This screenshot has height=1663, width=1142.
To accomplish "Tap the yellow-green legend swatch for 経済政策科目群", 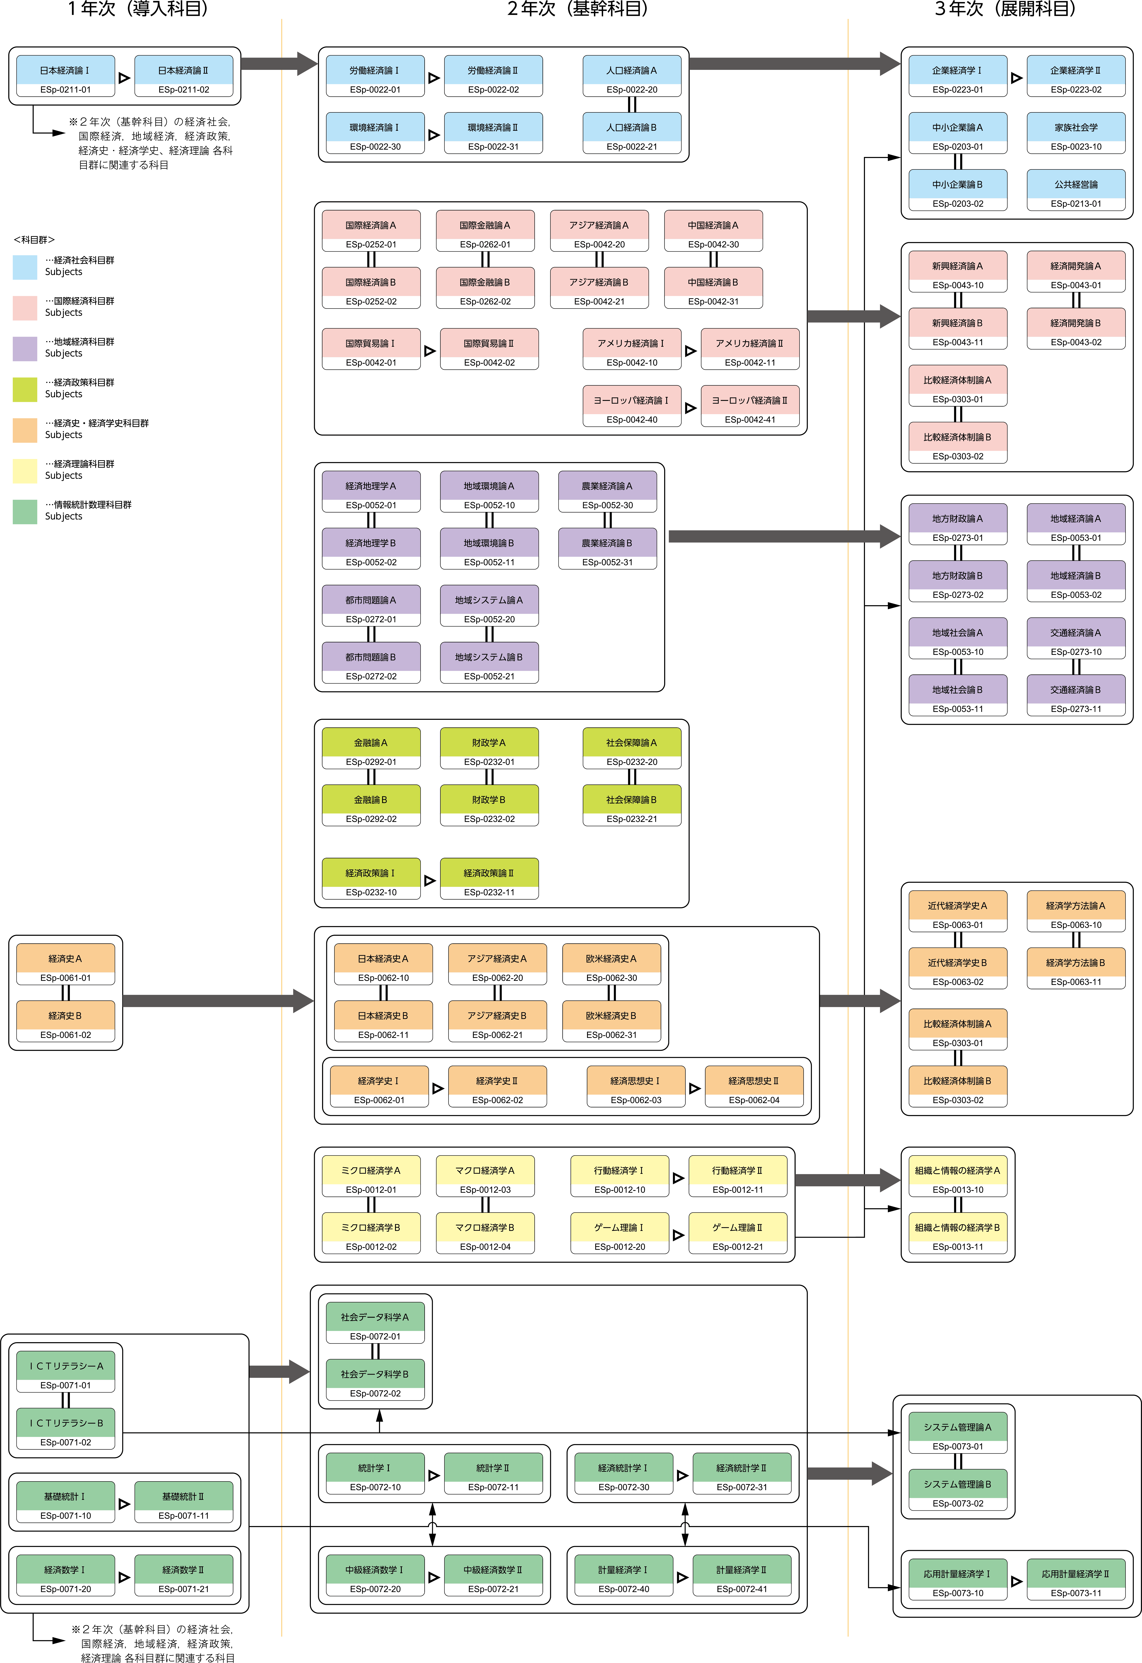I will click(x=25, y=389).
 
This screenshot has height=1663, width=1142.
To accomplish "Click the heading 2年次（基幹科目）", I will click(x=578, y=9).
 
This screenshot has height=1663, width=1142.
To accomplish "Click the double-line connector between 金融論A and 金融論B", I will click(x=371, y=776).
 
